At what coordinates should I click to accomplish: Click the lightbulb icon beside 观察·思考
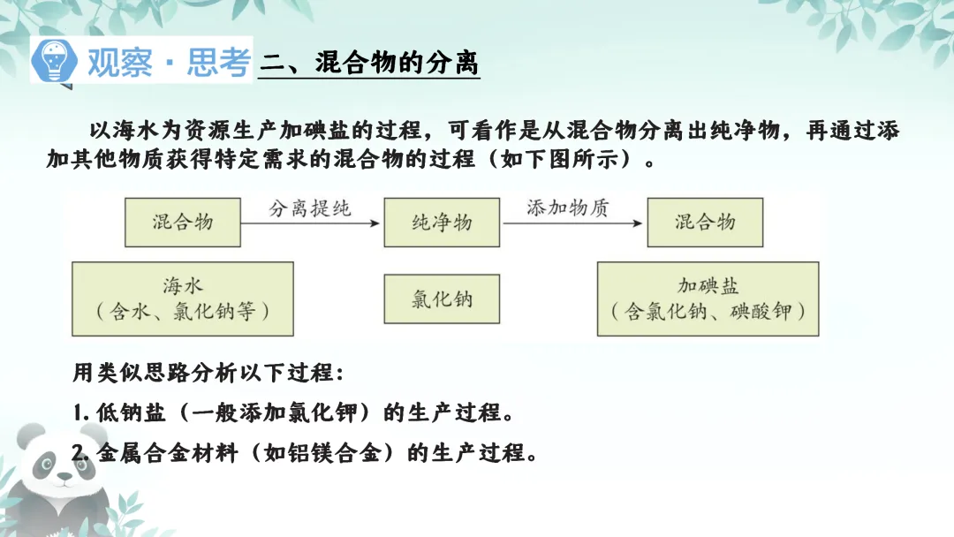click(54, 61)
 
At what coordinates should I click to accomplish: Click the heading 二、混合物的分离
click(369, 63)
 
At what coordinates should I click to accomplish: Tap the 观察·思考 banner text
click(168, 62)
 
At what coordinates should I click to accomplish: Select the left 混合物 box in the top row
click(183, 222)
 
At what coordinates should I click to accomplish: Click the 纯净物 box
click(442, 222)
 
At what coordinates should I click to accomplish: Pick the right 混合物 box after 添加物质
click(704, 222)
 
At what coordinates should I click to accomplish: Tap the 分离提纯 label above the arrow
click(309, 208)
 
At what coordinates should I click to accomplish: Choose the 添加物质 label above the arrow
click(568, 208)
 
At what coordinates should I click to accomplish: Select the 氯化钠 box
click(442, 299)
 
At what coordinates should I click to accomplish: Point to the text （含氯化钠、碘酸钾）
click(708, 312)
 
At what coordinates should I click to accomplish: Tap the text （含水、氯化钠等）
click(183, 312)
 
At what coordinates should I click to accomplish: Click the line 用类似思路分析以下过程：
click(203, 373)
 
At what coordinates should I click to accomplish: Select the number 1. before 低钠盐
click(79, 412)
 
